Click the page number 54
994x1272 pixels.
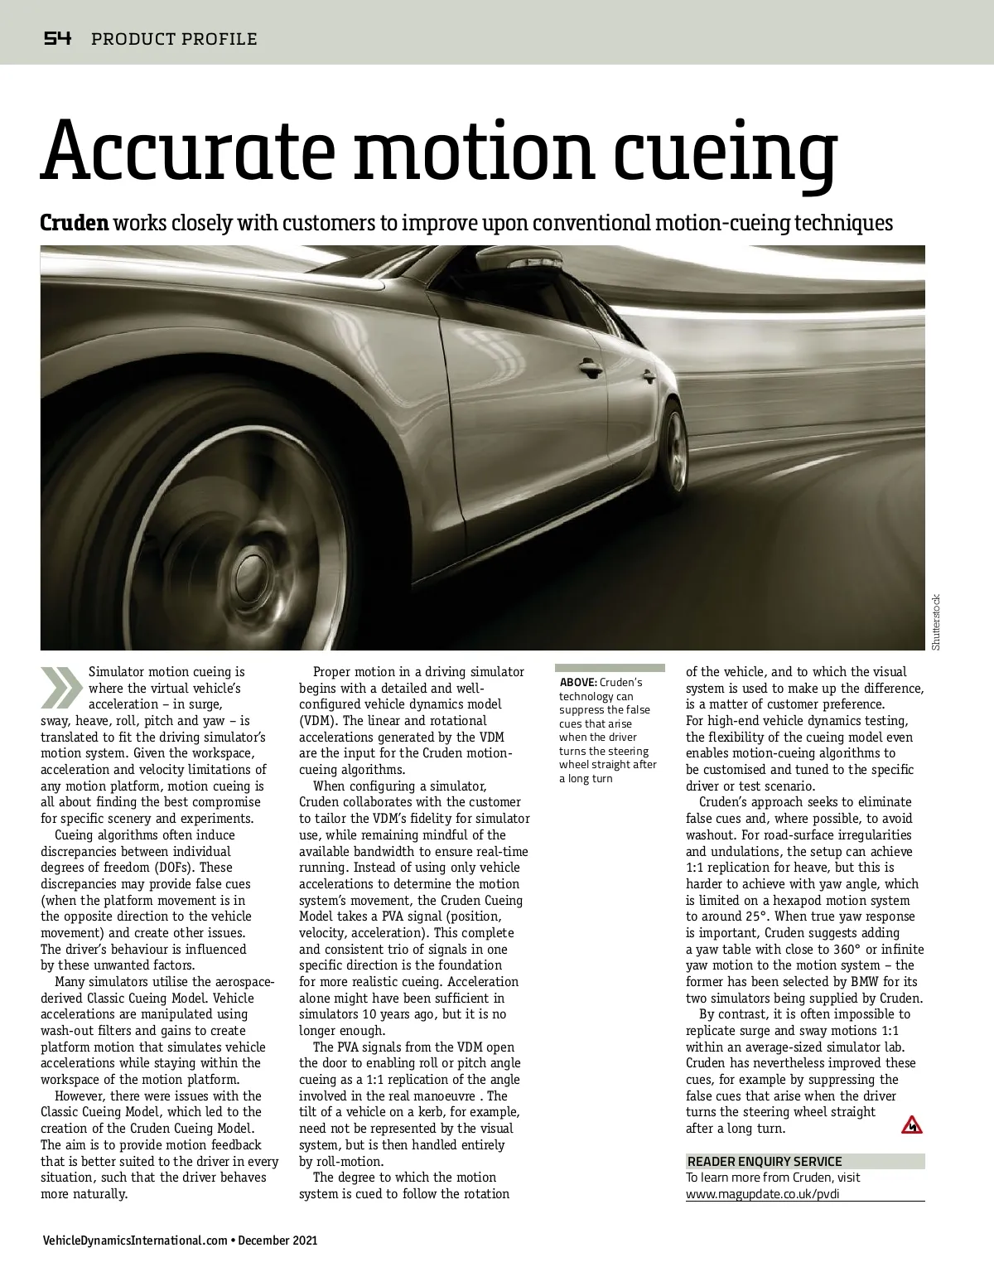(x=58, y=38)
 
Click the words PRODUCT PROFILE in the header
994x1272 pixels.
(x=174, y=39)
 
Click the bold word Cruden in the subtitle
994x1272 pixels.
(x=75, y=223)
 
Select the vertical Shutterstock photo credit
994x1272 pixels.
(x=936, y=621)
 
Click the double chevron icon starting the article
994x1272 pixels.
(x=61, y=686)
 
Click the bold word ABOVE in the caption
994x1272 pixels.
(x=578, y=682)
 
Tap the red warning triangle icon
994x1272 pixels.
(x=911, y=1124)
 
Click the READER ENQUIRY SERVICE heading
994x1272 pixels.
(x=765, y=1162)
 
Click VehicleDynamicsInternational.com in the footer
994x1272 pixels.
(x=134, y=1241)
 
